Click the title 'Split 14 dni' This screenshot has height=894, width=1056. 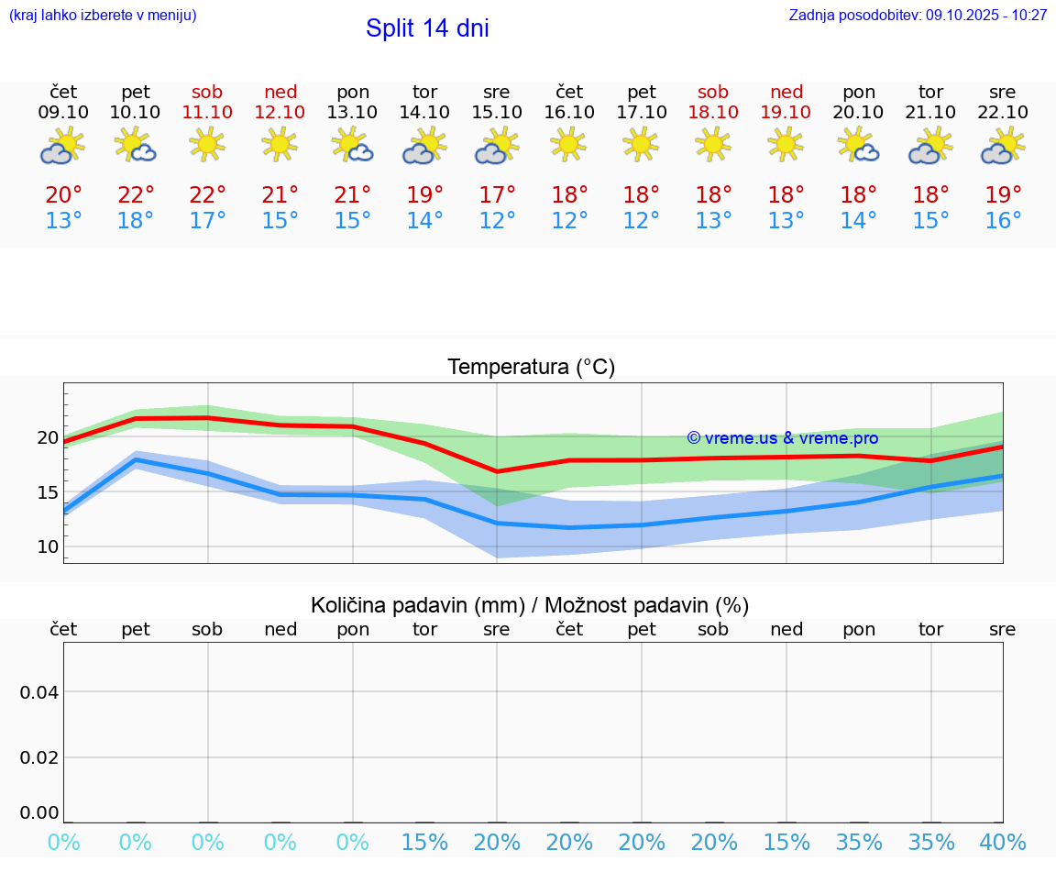point(427,28)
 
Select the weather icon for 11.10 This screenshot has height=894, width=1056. point(207,145)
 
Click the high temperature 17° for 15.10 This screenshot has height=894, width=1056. point(497,195)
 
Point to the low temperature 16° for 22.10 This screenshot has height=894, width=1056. point(1003,221)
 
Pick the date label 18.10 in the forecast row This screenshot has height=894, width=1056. point(713,112)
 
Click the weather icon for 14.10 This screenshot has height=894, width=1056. point(424,147)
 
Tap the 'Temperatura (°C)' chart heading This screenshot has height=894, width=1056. point(531,368)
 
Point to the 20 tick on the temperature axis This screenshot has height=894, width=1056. point(48,437)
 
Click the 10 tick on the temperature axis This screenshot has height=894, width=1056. point(48,547)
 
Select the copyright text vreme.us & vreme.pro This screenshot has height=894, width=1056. point(782,438)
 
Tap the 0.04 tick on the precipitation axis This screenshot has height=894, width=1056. point(39,692)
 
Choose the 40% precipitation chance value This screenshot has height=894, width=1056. point(1003,843)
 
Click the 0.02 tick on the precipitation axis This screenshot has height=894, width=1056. point(39,757)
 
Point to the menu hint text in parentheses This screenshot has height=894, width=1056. point(103,15)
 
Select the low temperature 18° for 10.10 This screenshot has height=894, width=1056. point(135,221)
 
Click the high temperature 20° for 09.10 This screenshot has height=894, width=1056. point(63,195)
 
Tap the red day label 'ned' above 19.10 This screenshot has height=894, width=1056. point(786,92)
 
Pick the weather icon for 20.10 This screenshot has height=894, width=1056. point(858,145)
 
